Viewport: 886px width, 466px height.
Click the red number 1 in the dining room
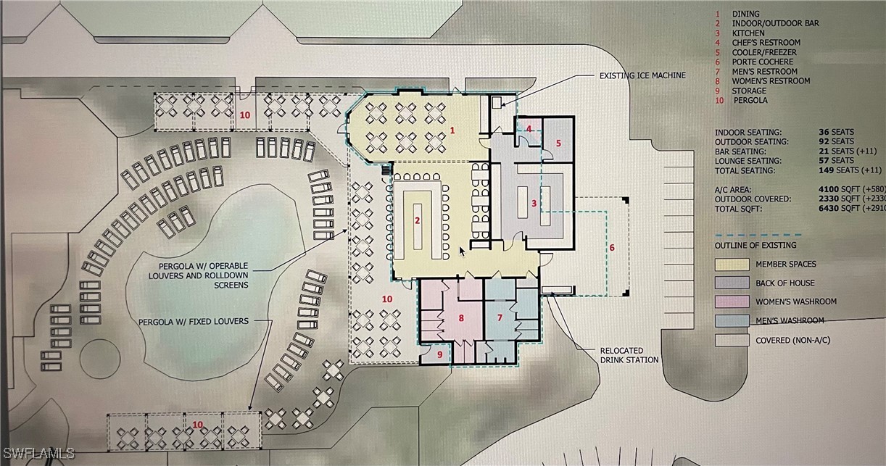point(452,130)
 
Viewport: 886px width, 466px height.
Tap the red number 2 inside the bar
point(418,220)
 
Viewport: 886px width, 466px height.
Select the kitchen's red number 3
point(534,203)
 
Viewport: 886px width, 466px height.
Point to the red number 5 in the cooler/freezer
point(558,143)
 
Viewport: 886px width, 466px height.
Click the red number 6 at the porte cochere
point(612,248)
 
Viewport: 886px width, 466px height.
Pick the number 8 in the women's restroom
point(461,317)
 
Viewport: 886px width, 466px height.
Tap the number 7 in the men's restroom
point(500,317)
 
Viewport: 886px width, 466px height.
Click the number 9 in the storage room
point(440,354)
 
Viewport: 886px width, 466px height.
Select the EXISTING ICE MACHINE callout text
point(642,75)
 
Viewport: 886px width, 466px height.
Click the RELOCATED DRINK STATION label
point(629,355)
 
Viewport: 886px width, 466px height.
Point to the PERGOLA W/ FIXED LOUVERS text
point(194,322)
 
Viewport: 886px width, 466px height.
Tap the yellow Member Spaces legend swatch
point(732,264)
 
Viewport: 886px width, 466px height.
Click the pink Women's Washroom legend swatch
point(732,301)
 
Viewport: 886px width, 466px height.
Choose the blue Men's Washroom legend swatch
point(732,320)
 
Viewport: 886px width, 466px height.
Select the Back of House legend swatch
point(732,283)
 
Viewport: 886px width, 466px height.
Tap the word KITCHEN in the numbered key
point(748,33)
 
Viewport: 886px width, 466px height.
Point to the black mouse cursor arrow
point(462,251)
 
